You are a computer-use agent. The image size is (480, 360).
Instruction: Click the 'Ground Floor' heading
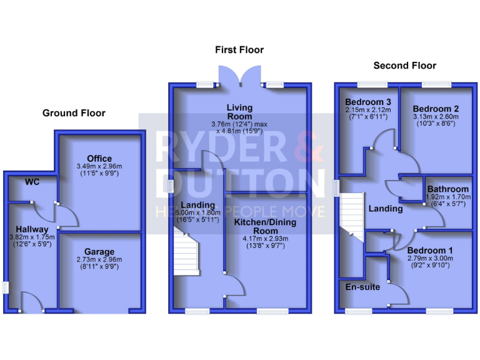tap(74, 113)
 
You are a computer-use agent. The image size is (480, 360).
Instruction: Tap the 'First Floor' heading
tap(239, 49)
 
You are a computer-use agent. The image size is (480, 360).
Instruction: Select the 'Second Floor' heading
tap(404, 65)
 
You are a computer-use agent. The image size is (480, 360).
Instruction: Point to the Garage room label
tap(100, 250)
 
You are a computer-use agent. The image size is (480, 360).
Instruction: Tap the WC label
tap(32, 182)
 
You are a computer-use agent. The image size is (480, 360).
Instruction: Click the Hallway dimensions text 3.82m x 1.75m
tap(32, 237)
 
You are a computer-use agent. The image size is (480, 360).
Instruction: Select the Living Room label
tap(239, 112)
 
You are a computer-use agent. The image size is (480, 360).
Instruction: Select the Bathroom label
tap(447, 189)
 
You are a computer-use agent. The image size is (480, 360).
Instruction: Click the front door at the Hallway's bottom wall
tap(31, 306)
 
